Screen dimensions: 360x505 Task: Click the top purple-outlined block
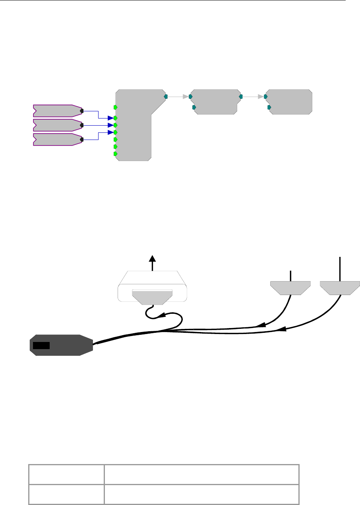click(x=56, y=110)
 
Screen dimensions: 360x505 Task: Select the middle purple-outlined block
click(x=56, y=125)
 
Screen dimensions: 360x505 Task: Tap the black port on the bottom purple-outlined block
click(x=81, y=140)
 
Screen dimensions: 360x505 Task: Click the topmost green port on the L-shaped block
click(x=115, y=107)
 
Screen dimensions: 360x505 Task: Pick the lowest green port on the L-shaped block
click(x=115, y=153)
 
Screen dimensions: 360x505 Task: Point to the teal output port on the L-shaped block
click(x=166, y=96)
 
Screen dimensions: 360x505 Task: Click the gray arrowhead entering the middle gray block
click(x=186, y=96)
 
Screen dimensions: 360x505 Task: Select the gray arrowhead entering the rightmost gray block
click(x=261, y=96)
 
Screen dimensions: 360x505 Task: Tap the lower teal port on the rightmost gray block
click(x=269, y=107)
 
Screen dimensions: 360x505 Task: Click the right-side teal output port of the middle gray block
click(x=241, y=96)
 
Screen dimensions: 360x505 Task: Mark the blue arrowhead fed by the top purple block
click(x=110, y=118)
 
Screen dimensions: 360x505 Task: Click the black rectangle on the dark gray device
click(x=41, y=345)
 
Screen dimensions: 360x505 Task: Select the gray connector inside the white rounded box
click(x=152, y=297)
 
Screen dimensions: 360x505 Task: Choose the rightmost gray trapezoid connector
click(x=340, y=287)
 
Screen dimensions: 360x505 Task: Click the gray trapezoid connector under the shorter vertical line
click(x=290, y=287)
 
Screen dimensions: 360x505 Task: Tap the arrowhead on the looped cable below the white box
click(x=163, y=315)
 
